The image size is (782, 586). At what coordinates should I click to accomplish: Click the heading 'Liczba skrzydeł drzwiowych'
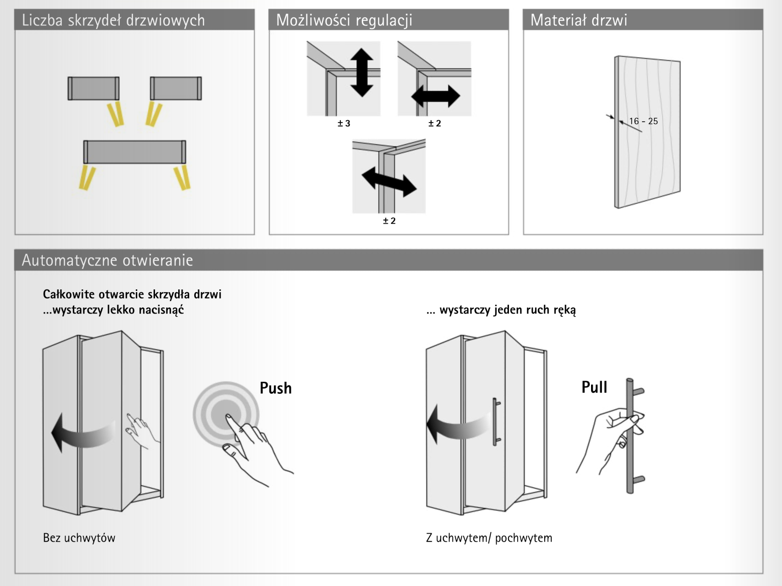pos(113,21)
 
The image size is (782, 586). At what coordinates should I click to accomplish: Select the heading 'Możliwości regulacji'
pos(344,21)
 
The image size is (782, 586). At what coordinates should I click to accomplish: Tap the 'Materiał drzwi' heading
pos(579,20)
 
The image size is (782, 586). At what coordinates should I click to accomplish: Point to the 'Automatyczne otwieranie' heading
pos(108,260)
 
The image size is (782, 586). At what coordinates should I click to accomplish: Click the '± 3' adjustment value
pos(344,123)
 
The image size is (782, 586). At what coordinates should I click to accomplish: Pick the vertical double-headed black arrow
pos(362,72)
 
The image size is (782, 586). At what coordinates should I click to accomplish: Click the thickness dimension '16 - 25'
pos(643,121)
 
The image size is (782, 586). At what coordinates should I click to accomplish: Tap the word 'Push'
pos(275,388)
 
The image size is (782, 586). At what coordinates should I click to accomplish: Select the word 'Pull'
pos(594,387)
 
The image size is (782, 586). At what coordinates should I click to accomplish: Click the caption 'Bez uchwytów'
pos(79,538)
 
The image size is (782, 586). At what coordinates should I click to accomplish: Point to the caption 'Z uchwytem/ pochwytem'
pos(489,538)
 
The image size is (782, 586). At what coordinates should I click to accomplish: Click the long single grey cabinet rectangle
pos(134,152)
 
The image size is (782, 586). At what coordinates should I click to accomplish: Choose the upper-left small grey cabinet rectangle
pos(93,88)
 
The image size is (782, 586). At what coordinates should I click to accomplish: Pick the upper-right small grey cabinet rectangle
pos(176,88)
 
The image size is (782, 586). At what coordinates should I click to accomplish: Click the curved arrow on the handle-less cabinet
pos(82,433)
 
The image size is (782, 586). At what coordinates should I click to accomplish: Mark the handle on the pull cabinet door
pos(496,422)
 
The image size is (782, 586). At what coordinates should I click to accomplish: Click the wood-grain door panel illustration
pos(647,132)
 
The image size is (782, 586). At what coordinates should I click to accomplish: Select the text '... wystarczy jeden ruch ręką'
pos(501,310)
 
